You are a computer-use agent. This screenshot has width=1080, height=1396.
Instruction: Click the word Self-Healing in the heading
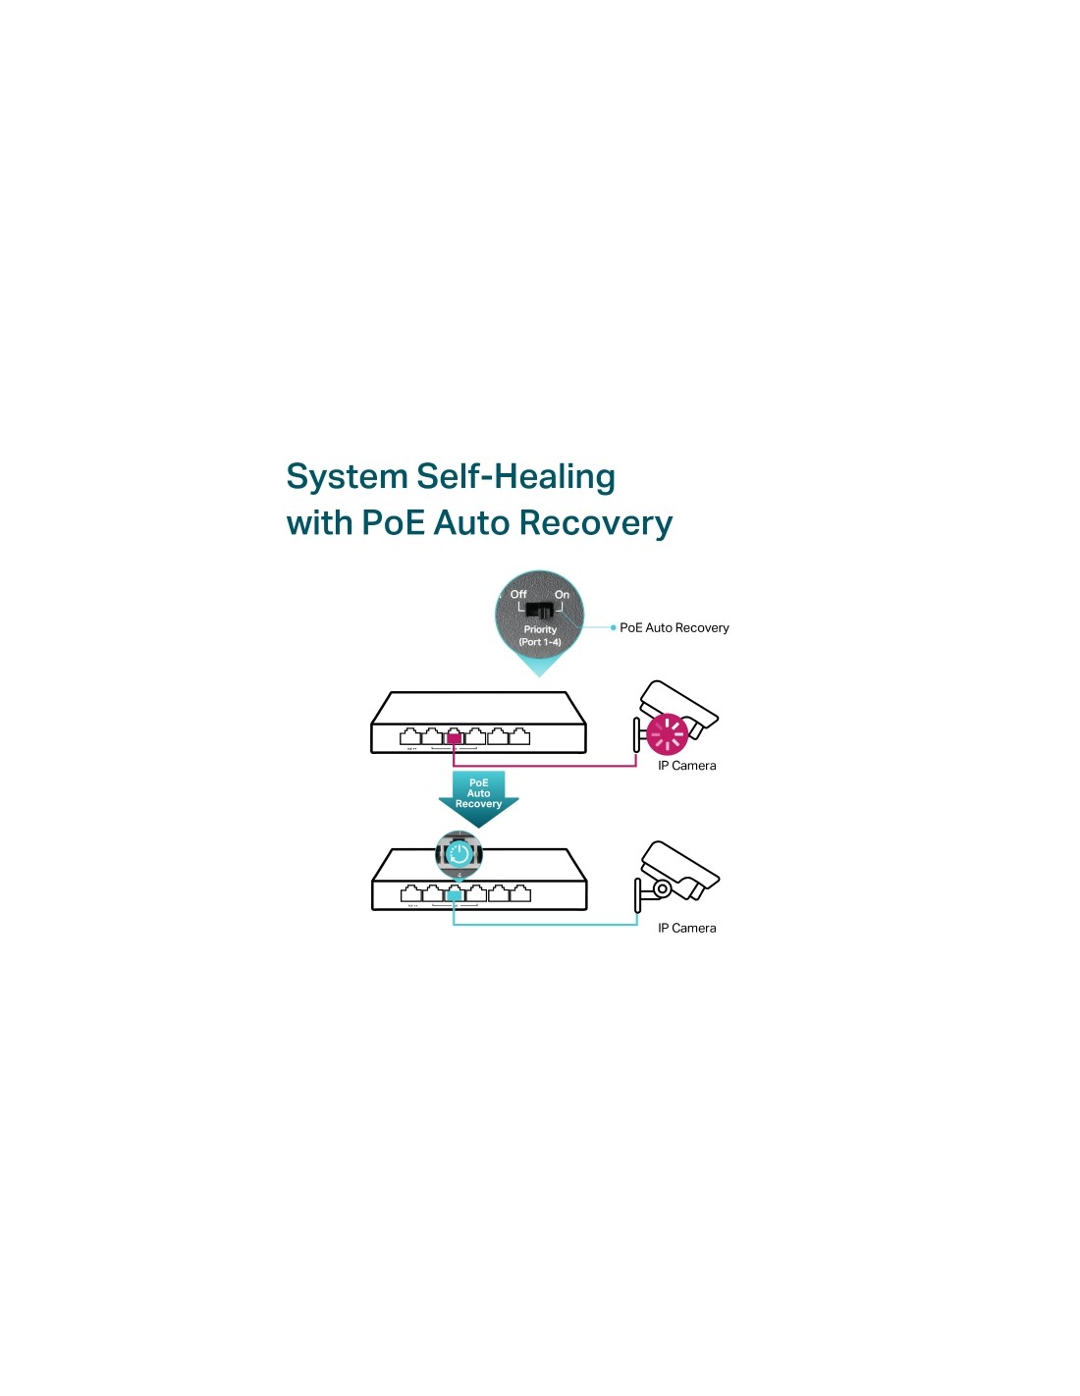click(515, 477)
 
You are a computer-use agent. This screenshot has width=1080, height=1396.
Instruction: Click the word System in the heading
click(347, 477)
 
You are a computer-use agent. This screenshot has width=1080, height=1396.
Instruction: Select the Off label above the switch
click(518, 594)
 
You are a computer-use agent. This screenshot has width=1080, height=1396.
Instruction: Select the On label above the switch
click(562, 594)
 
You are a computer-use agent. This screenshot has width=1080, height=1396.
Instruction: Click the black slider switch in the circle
click(540, 611)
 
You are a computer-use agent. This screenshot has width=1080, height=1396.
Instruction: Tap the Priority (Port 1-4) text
click(540, 635)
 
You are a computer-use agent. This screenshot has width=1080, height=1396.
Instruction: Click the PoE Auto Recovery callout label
click(675, 628)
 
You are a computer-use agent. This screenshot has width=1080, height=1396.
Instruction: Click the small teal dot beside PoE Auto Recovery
click(614, 627)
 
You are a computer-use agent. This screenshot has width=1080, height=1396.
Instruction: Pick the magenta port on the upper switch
click(454, 736)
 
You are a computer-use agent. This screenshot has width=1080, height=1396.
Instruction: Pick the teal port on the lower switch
click(454, 893)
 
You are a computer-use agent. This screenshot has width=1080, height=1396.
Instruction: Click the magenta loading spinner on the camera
click(667, 733)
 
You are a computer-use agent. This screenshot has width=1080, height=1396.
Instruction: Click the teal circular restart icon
click(459, 854)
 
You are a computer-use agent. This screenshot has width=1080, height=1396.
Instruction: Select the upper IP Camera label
click(686, 766)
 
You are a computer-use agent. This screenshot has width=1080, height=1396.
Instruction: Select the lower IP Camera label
click(686, 928)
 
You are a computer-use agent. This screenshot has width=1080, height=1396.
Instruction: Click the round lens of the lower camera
click(663, 889)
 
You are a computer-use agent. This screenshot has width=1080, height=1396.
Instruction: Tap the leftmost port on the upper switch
click(410, 736)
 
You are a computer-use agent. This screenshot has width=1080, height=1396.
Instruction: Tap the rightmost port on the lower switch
click(520, 893)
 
